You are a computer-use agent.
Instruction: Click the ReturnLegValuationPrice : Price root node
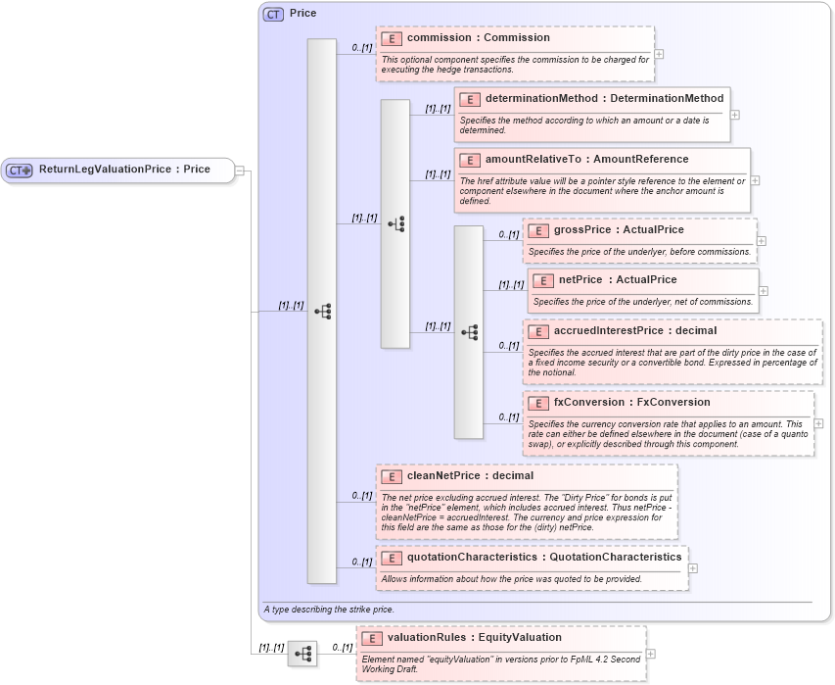click(123, 170)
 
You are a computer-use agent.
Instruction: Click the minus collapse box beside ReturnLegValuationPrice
click(240, 170)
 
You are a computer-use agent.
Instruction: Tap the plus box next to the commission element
click(660, 55)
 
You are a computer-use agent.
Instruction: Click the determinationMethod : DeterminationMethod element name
click(604, 98)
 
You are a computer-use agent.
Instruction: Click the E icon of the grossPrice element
click(538, 230)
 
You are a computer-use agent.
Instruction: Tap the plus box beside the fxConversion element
click(819, 423)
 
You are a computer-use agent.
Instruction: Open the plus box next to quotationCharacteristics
click(693, 568)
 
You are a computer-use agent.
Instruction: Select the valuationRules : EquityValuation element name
click(474, 637)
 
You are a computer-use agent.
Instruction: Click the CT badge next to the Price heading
click(273, 14)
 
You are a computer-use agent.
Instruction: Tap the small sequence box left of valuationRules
click(302, 653)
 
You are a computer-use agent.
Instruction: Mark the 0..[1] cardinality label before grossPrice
click(508, 235)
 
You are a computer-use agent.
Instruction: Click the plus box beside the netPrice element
click(764, 291)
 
